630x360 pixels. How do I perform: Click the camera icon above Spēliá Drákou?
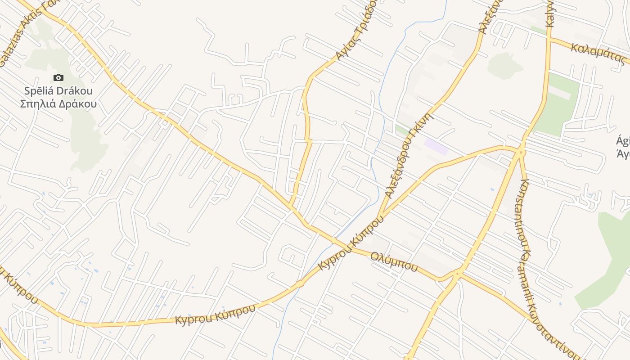(x=58, y=78)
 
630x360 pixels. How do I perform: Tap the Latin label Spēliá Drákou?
(x=58, y=91)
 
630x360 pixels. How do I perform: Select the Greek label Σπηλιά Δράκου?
(x=58, y=104)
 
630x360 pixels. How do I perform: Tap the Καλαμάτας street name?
(x=598, y=54)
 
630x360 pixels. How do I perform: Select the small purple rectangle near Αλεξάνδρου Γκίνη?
(x=436, y=147)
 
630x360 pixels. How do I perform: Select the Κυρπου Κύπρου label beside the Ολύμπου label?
(x=351, y=245)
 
